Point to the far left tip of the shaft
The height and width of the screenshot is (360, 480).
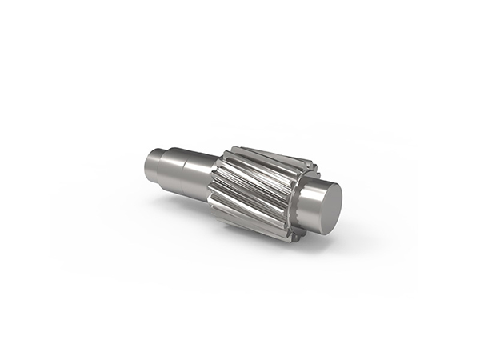click(146, 167)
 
